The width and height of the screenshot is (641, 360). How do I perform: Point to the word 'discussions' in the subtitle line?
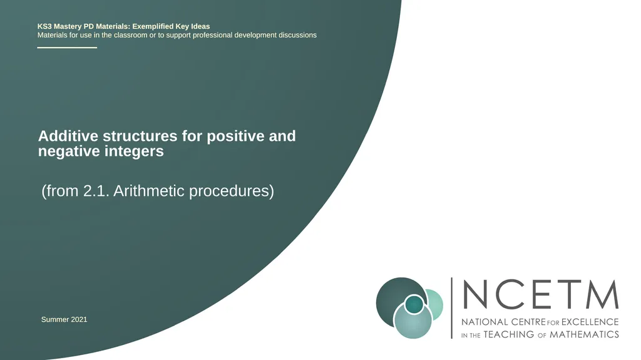[297, 35]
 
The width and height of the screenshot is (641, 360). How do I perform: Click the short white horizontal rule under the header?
[67, 48]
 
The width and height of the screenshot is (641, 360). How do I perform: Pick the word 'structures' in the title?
[140, 136]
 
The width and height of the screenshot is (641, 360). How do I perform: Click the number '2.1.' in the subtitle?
[96, 191]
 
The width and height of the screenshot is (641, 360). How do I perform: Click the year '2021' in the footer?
[79, 319]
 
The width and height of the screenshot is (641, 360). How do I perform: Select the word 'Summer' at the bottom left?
[55, 319]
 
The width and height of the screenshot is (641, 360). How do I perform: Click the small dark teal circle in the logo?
[414, 304]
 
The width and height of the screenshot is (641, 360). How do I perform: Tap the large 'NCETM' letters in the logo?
[540, 294]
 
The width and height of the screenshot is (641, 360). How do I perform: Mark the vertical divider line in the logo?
[452, 308]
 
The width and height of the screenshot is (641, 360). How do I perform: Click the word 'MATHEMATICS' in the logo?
[584, 334]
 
